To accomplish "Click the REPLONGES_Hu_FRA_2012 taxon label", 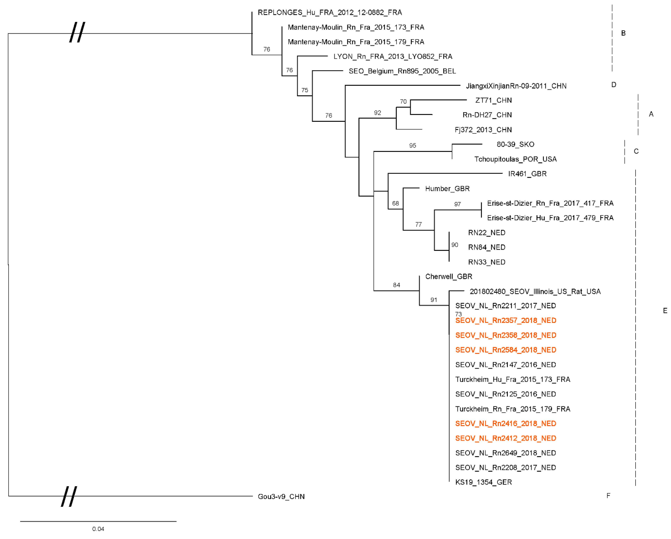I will pyautogui.click(x=330, y=13).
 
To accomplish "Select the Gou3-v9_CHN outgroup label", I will pyautogui.click(x=281, y=496).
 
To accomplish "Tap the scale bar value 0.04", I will pyautogui.click(x=98, y=529).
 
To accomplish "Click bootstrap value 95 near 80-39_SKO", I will pyautogui.click(x=412, y=146).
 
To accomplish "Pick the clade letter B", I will pyautogui.click(x=623, y=33).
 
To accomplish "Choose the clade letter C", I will pyautogui.click(x=636, y=151).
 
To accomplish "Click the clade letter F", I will pyautogui.click(x=608, y=496).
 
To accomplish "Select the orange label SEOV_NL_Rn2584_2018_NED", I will pyautogui.click(x=505, y=350).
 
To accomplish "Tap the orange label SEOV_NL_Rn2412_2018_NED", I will pyautogui.click(x=505, y=438).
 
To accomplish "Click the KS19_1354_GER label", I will pyautogui.click(x=483, y=482).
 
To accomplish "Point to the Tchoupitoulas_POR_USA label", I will pyautogui.click(x=515, y=159).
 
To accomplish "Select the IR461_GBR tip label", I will pyautogui.click(x=527, y=174).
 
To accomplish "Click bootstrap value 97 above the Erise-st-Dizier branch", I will pyautogui.click(x=457, y=204).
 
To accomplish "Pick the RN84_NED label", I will pyautogui.click(x=486, y=247).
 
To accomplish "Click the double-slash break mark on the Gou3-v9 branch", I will pyautogui.click(x=69, y=496).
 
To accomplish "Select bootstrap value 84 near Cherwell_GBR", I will pyautogui.click(x=396, y=285).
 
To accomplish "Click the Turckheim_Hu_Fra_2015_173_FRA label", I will pyautogui.click(x=513, y=379).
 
